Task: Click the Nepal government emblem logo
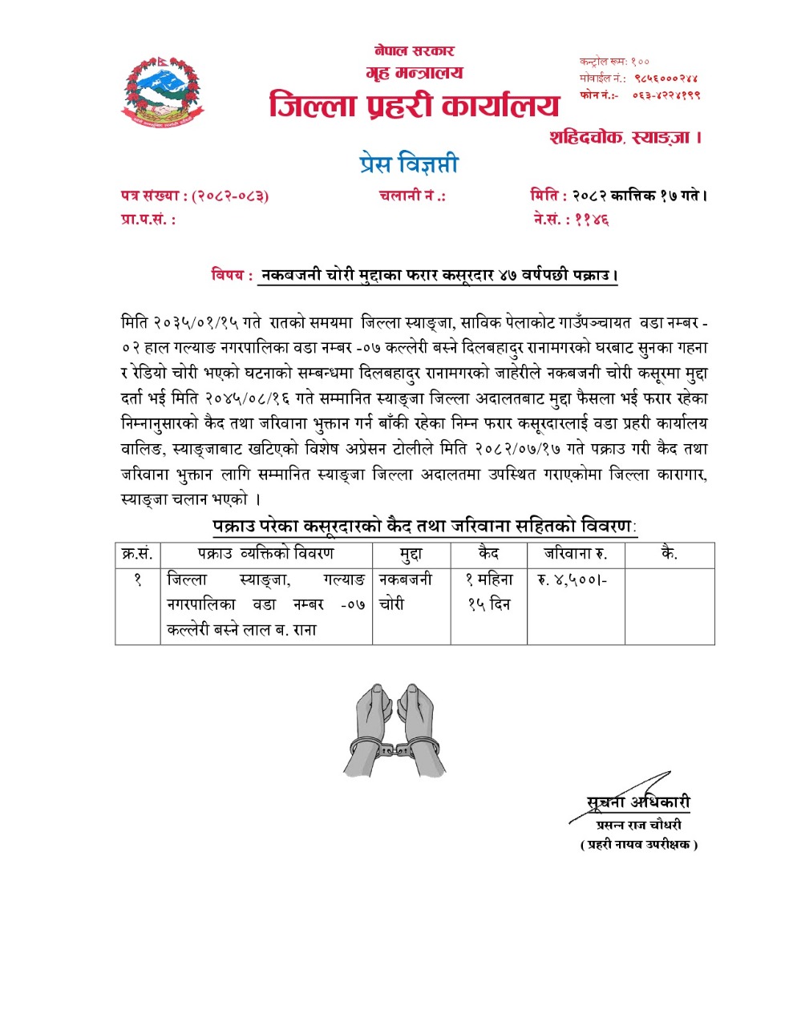(163, 92)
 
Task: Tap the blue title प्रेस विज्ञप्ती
(409, 164)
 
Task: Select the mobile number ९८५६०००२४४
(666, 79)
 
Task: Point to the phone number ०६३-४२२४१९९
(666, 95)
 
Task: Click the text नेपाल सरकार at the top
(415, 50)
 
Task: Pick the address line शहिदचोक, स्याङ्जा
(625, 137)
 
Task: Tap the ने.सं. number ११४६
(593, 219)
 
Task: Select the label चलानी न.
(411, 195)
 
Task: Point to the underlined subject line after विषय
(438, 275)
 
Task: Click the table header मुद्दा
(411, 554)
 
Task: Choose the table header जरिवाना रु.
(576, 553)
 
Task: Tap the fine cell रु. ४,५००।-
(572, 580)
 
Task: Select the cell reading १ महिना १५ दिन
(489, 592)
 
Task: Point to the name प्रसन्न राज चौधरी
(639, 825)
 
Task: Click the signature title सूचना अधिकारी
(638, 802)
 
